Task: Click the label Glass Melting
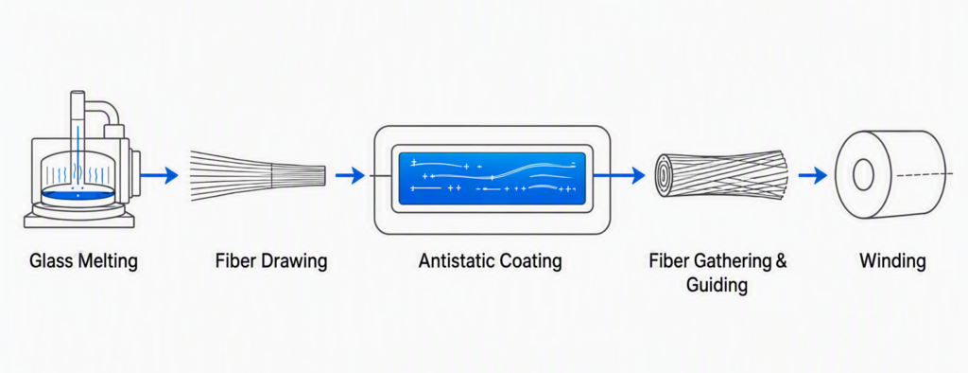tap(83, 261)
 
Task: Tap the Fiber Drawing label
tap(271, 261)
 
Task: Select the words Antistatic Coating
tap(491, 261)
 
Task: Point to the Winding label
tap(892, 261)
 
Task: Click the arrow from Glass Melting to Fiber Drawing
tap(159, 176)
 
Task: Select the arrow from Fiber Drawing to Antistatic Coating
tap(350, 176)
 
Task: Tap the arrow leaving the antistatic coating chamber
tap(619, 176)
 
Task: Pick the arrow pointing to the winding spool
tap(812, 176)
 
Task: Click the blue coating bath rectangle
tap(492, 178)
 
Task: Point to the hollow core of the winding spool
tap(862, 176)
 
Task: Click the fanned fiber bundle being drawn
tap(258, 176)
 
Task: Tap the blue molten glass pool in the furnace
tap(78, 194)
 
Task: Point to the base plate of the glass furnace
tap(78, 221)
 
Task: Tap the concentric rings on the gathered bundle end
tap(663, 176)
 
